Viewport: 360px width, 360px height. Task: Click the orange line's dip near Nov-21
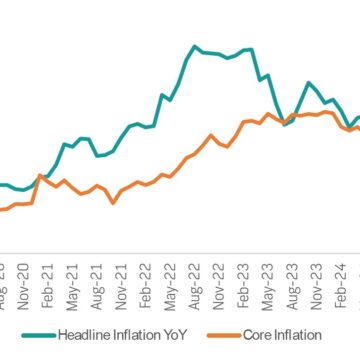click(x=112, y=201)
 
